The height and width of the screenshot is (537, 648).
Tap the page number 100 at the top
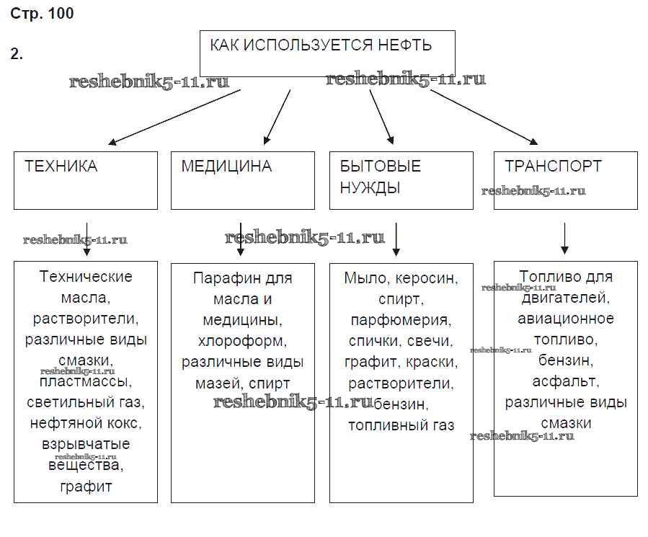click(x=61, y=14)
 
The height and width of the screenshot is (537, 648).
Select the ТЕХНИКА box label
click(x=61, y=167)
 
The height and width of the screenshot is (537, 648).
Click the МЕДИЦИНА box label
click(x=226, y=167)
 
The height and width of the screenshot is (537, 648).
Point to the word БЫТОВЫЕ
click(x=381, y=167)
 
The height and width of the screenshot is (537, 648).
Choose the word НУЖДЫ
click(x=370, y=188)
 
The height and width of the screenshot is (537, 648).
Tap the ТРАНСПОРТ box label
click(x=553, y=167)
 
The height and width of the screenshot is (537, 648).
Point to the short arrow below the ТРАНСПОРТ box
click(x=565, y=238)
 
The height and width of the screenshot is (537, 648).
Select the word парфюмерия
click(x=401, y=320)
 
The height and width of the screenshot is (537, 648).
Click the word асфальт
click(x=566, y=381)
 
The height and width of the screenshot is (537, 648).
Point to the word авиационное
click(x=566, y=318)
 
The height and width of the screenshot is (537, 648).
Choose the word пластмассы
click(x=85, y=381)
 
